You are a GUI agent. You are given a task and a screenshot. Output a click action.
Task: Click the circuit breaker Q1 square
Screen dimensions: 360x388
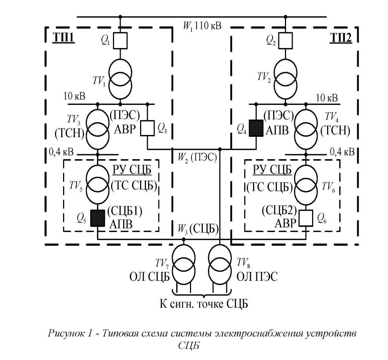(x=120, y=41)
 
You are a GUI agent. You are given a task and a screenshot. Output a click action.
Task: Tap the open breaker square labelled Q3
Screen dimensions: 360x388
(x=147, y=128)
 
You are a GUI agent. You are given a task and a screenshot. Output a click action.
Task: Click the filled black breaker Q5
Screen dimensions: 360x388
(x=98, y=218)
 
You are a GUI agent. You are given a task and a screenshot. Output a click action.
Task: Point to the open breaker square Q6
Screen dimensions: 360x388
(x=305, y=218)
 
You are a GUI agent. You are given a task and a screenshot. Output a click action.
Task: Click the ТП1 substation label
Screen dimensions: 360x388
(x=63, y=37)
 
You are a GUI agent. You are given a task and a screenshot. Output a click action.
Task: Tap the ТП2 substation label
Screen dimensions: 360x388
(x=341, y=37)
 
